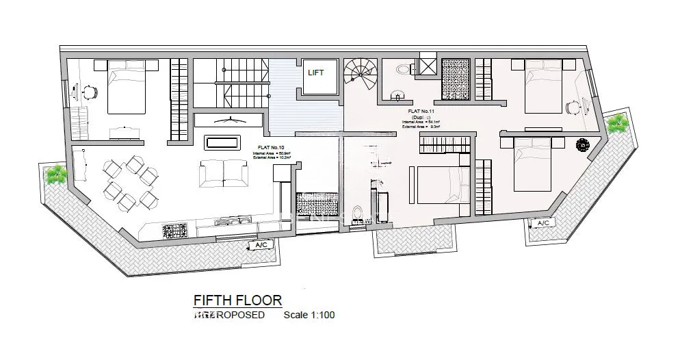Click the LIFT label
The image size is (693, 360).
pyautogui.click(x=315, y=72)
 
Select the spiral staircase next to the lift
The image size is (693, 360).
pyautogui.click(x=361, y=75)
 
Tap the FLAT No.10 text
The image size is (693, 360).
pyautogui.click(x=273, y=147)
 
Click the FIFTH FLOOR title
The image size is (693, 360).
pyautogui.click(x=237, y=300)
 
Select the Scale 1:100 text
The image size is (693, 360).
pyautogui.click(x=309, y=316)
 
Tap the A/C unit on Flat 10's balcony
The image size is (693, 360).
pyautogui.click(x=261, y=244)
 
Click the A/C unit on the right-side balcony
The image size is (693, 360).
pyautogui.click(x=544, y=223)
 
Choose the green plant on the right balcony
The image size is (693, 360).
pyautogui.click(x=618, y=123)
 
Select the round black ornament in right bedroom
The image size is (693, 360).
pyautogui.click(x=583, y=145)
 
